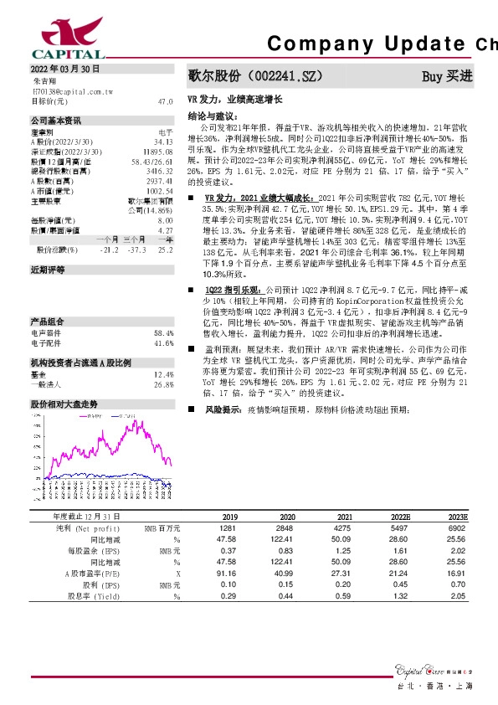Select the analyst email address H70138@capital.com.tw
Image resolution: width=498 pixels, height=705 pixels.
[x=73, y=90]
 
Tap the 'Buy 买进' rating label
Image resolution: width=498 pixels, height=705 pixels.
[x=447, y=76]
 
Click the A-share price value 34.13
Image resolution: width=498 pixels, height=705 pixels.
[x=164, y=142]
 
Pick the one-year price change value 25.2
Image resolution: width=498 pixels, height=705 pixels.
[x=165, y=250]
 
